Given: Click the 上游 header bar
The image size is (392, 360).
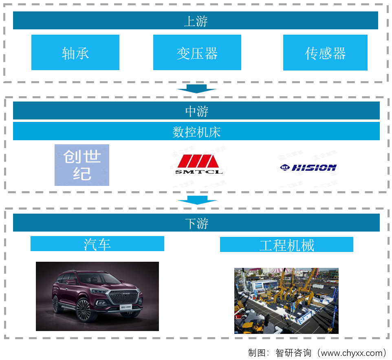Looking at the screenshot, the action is tap(196, 20).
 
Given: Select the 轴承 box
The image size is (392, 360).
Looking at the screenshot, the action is tap(75, 53).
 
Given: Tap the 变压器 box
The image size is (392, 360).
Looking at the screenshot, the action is tap(197, 53).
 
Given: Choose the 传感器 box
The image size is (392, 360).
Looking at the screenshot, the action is tap(325, 53).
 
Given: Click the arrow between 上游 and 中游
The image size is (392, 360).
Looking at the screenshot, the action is tap(196, 88).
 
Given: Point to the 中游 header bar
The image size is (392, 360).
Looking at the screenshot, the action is tap(196, 110).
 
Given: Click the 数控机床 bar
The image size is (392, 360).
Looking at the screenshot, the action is tap(196, 131).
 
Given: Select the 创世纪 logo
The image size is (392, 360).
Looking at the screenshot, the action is tap(82, 165).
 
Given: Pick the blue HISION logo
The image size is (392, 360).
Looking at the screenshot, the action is tap(308, 167).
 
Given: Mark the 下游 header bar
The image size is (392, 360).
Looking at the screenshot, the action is tap(196, 223).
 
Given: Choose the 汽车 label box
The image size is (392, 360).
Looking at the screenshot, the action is tap(97, 244).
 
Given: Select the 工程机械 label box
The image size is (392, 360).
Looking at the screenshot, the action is tap(286, 245).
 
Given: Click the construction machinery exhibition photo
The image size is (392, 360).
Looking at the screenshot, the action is tap(286, 300).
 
